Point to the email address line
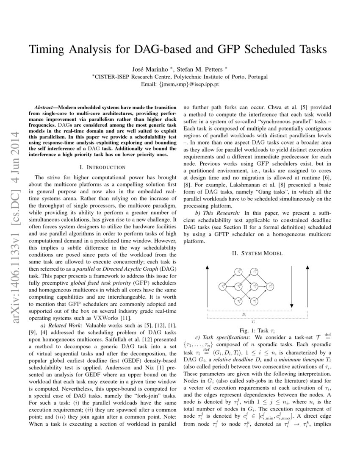click(180, 84)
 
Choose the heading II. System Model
click(258, 253)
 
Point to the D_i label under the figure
click(244, 315)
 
